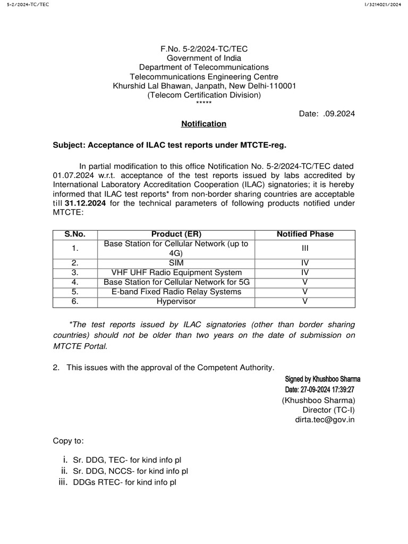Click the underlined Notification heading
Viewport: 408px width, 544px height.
pos(204,124)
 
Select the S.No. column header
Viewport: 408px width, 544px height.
pos(75,234)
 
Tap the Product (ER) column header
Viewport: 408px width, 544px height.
pos(176,234)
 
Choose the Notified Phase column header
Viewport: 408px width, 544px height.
pos(305,234)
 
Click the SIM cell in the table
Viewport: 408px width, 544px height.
pos(176,263)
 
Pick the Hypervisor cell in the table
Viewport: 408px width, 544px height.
pos(176,301)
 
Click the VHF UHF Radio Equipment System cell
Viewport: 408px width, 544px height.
pos(176,273)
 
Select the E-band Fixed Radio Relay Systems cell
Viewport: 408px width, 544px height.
pos(176,292)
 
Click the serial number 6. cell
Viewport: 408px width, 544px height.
pos(75,301)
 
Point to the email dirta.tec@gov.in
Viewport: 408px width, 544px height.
pos(325,419)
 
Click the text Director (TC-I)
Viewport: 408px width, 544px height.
pos(328,410)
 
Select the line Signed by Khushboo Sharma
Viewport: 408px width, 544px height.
pos(323,379)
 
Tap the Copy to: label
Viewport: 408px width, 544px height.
pos(68,441)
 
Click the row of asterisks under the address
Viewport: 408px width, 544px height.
pos(204,104)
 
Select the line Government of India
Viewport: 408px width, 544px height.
pos(204,58)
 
